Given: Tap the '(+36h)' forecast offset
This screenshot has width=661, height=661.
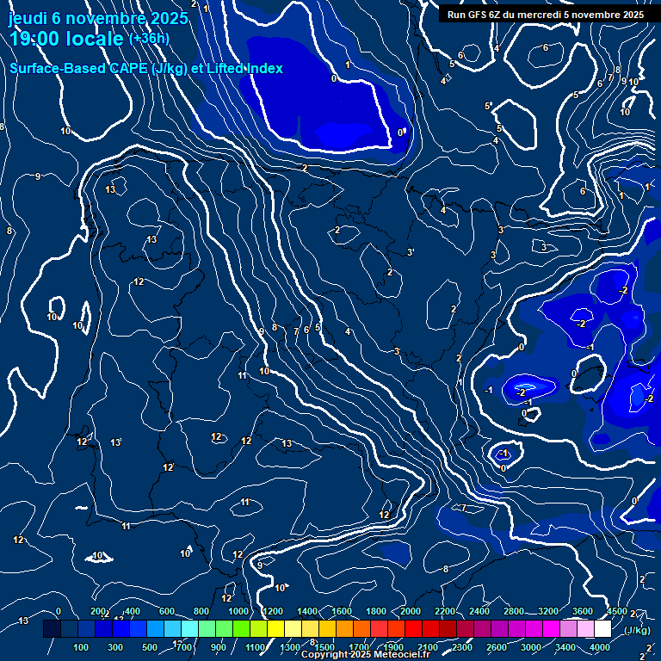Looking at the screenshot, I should tap(149, 39).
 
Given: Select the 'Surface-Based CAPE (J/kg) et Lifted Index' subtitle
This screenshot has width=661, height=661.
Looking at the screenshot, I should tap(146, 68).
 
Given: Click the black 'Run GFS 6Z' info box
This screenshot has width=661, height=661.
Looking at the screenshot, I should tap(546, 14).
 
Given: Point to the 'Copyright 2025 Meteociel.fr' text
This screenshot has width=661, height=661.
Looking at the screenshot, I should tap(365, 655).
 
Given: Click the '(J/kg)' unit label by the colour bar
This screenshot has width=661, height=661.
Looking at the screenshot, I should tap(636, 630).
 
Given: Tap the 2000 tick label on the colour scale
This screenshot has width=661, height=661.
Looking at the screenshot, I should tap(411, 611).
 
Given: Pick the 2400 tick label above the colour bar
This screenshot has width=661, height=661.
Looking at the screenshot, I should tap(479, 611).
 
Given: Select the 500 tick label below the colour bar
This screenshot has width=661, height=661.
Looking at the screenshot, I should tap(150, 647).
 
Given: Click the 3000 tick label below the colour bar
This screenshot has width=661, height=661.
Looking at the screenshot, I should tap(530, 647).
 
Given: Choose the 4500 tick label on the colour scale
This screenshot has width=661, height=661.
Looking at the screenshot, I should tap(616, 611).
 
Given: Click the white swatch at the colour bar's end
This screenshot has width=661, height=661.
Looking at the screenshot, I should tap(602, 629).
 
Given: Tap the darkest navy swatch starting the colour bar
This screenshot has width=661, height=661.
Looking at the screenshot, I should tap(52, 629).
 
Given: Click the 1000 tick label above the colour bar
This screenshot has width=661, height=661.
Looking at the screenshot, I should tap(238, 611).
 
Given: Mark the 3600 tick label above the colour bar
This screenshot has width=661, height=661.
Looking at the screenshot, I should tap(583, 611).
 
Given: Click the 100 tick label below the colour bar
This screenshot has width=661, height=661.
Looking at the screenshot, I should tap(81, 647).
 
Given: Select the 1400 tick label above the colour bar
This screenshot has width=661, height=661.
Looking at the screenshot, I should tap(307, 611).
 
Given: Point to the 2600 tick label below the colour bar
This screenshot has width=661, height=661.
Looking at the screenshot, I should tap(497, 647).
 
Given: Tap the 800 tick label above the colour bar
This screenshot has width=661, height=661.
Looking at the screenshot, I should tap(201, 611).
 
